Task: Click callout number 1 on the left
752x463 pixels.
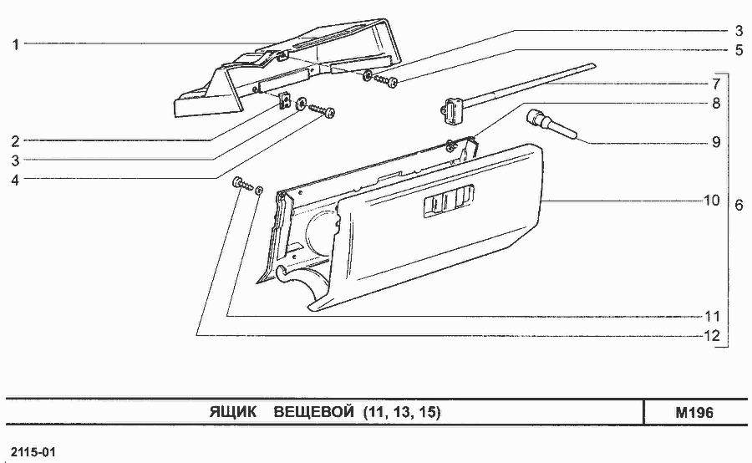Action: [15, 44]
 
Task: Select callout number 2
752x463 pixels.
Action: [15, 141]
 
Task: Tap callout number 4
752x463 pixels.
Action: [15, 180]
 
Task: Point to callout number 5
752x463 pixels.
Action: [739, 50]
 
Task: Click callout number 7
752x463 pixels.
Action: [716, 84]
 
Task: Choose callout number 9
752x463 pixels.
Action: [716, 142]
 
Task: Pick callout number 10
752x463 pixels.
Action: [712, 200]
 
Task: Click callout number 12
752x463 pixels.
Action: [712, 336]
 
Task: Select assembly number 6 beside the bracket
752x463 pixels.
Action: [739, 206]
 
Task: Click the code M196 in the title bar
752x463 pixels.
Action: [694, 413]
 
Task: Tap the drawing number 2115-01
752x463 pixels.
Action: [33, 452]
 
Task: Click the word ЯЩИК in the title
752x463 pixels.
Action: [232, 412]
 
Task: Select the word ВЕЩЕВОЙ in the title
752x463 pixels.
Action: [313, 412]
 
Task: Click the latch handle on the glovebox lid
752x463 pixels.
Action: [449, 199]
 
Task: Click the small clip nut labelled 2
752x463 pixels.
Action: [286, 101]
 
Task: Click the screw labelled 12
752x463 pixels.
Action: [241, 183]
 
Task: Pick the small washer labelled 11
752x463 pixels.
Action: [258, 191]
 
